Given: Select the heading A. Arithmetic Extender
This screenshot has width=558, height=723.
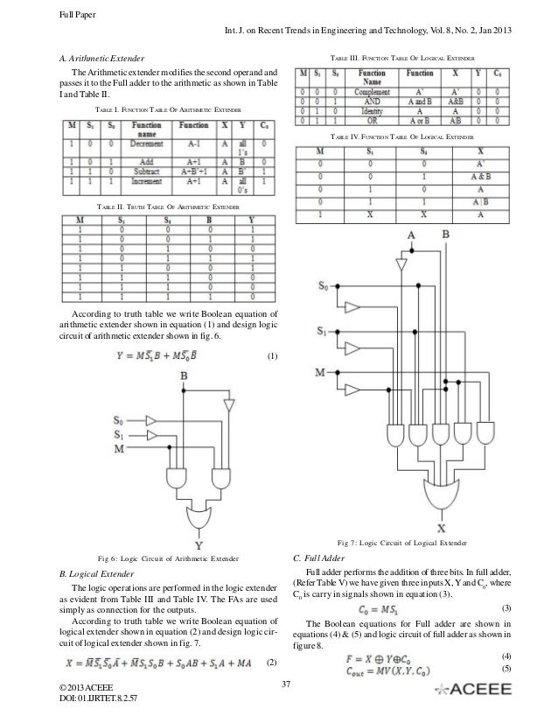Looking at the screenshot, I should [101, 58].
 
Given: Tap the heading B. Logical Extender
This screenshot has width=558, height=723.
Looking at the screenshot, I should [97, 574].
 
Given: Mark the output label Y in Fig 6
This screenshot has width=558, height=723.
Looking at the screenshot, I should [199, 544].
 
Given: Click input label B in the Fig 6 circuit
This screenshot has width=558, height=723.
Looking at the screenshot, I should [183, 376].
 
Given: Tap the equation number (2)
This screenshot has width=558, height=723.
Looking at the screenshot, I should [271, 662].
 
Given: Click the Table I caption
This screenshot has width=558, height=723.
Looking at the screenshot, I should [167, 111].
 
